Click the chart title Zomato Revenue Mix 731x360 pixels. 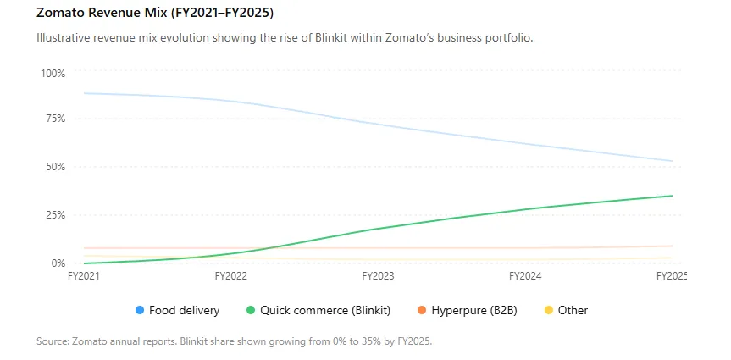coord(101,14)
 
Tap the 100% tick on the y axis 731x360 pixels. coord(53,74)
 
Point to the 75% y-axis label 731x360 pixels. coord(55,119)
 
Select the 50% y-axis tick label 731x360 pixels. coord(55,167)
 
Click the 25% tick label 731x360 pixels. coord(55,215)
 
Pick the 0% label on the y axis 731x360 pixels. coord(58,263)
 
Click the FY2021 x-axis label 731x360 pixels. coord(85,276)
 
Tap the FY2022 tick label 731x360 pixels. coord(230,276)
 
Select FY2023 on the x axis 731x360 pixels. coord(378,276)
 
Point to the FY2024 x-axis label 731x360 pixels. coord(525,276)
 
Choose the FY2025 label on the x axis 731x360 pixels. coord(672,276)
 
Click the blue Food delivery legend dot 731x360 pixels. coord(140,310)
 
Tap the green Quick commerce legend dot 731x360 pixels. coord(251,310)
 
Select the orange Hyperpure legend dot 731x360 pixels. coord(422,310)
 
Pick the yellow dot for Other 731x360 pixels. coord(549,310)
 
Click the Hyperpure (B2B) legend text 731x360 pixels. coord(474,311)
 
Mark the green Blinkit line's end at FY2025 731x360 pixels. coord(672,196)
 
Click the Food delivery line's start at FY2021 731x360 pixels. coord(85,93)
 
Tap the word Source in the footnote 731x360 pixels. coord(53,341)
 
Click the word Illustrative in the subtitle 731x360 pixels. coord(64,38)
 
